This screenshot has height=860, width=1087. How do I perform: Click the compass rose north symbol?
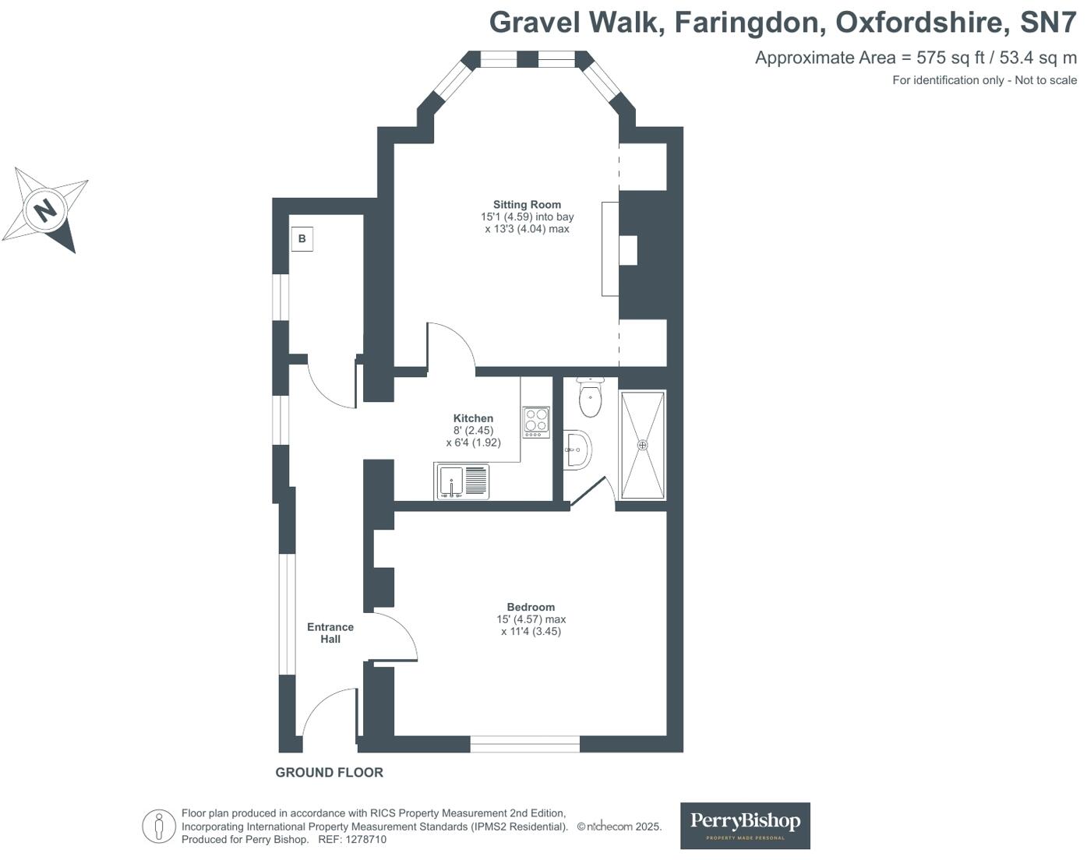coord(45,210)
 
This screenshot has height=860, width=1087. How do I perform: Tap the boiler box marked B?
coord(302,239)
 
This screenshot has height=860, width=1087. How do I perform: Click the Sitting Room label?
coord(527,205)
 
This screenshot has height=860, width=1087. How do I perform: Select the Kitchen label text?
coord(473,418)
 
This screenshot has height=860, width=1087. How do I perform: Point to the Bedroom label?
coord(531,607)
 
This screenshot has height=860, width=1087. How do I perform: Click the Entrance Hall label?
coord(330,633)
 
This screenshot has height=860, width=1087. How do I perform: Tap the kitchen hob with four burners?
coord(536,421)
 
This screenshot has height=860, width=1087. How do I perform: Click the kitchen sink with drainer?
coord(462,481)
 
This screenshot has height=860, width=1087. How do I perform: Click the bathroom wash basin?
coord(577,449)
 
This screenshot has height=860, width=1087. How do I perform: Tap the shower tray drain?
coord(643,445)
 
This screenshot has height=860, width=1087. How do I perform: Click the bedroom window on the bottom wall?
coord(524,744)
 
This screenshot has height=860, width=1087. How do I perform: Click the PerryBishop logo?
coord(745,825)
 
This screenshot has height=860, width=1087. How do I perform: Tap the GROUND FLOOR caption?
coord(329,772)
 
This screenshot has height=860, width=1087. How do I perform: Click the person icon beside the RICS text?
coord(159,826)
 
